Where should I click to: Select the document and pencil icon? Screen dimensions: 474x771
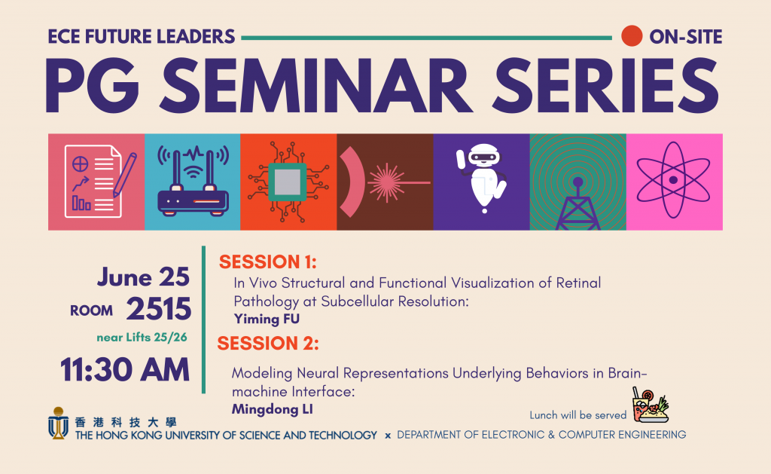point(96,182)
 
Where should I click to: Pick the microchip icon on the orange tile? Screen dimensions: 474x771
point(288,182)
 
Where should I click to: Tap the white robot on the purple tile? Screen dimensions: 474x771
point(481,178)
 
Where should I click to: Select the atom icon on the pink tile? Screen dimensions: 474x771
point(674,182)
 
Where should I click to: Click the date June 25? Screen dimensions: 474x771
point(143,277)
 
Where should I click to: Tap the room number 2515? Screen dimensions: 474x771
point(158,309)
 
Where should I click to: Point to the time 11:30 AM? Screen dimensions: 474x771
point(125,369)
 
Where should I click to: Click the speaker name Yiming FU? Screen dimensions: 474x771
point(267,319)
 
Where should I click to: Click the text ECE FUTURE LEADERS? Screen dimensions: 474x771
point(142,36)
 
